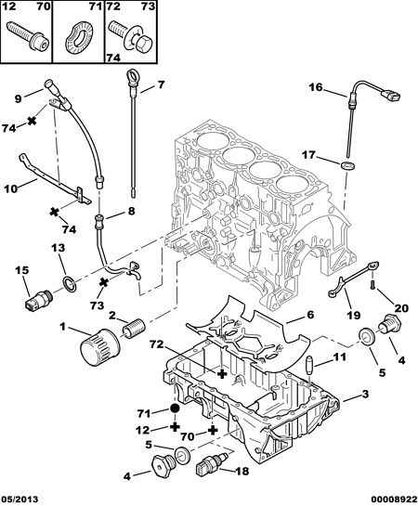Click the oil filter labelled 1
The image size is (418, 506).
[100, 346]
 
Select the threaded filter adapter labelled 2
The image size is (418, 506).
[135, 328]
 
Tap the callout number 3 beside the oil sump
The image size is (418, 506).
[365, 394]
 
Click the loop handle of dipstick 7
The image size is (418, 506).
[131, 77]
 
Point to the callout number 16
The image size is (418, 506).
[315, 87]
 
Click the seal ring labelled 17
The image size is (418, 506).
[348, 166]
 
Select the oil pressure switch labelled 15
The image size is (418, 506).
[37, 299]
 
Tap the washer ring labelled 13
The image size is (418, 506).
[70, 283]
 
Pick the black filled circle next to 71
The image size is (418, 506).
[175, 409]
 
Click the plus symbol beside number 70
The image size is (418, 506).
[212, 430]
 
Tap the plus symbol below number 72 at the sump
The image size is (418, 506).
[222, 373]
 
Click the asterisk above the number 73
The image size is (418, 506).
[104, 283]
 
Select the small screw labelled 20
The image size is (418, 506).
[372, 285]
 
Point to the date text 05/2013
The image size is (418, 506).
[20, 500]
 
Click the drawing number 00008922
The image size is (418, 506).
[394, 500]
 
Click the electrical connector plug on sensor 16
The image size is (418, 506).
[390, 96]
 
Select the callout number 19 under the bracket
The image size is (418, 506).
[353, 315]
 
